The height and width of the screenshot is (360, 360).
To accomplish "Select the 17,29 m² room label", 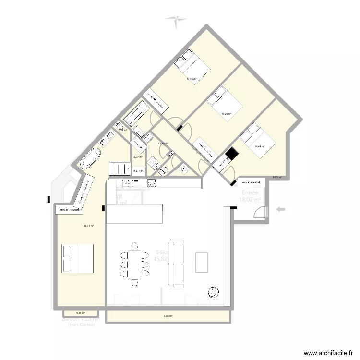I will coord(226,114).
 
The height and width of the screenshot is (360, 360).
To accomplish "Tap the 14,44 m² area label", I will coord(260,146).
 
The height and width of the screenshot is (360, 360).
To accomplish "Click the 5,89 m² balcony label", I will coord(168,316).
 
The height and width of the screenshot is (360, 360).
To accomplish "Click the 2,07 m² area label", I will coord(138,157).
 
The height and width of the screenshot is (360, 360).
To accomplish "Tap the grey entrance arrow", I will coord(281,209).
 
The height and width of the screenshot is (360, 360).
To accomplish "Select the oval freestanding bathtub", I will coord(90,159).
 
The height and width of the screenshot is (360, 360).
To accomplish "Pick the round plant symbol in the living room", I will coord(212,291).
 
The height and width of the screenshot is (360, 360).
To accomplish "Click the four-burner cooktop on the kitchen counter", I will coord(152,183).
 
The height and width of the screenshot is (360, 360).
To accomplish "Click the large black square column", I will coord(232,154).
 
